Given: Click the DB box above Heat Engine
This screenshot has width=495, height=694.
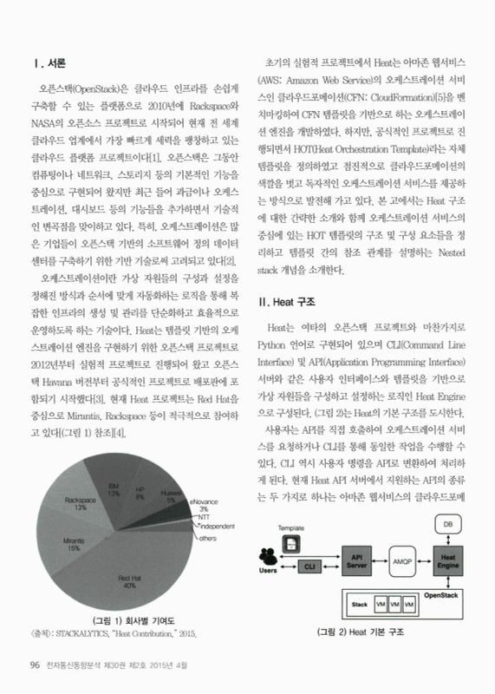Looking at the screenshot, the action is [x=447, y=525].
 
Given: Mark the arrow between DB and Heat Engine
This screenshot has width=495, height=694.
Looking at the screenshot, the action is [x=447, y=540].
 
